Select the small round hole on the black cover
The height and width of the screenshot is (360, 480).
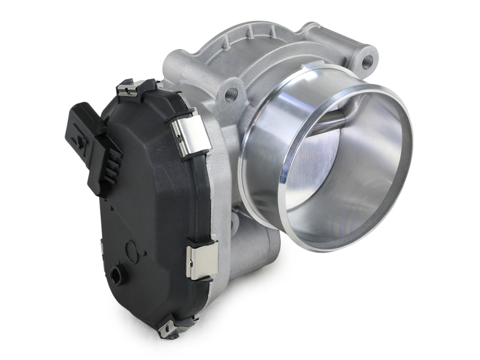pos(115,276)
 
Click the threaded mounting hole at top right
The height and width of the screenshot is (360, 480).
pos(367,60)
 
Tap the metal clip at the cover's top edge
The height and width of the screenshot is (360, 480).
pos(137,88)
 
